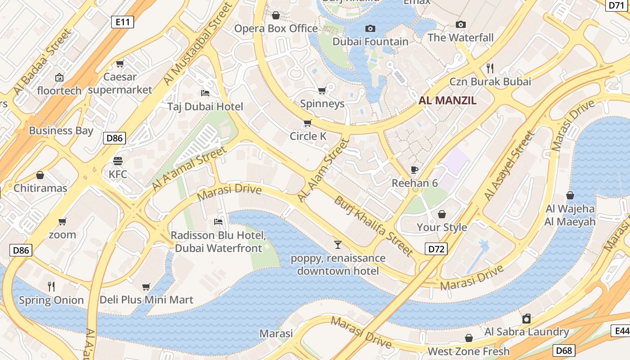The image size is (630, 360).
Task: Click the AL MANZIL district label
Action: pyautogui.click(x=447, y=100)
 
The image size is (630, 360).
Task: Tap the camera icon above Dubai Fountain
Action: pyautogui.click(x=370, y=29)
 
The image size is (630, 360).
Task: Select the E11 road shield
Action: pyautogui.click(x=122, y=21)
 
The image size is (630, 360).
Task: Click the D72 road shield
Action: pyautogui.click(x=436, y=248)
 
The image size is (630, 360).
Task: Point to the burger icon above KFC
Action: pyautogui.click(x=118, y=161)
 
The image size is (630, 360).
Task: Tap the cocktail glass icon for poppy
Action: pyautogui.click(x=337, y=245)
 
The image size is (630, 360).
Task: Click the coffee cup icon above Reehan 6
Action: pyautogui.click(x=414, y=170)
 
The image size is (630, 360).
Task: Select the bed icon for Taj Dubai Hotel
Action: pyautogui.click(x=205, y=93)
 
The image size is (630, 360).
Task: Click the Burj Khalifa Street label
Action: pyautogui.click(x=373, y=226)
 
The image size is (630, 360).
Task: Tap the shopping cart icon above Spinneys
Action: pyautogui.click(x=322, y=90)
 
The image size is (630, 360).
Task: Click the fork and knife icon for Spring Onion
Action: pyautogui.click(x=51, y=286)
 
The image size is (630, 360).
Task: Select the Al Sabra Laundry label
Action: pyautogui.click(x=526, y=332)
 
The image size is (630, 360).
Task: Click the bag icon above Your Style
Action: pyautogui.click(x=442, y=214)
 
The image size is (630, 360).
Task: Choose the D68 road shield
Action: pyautogui.click(x=563, y=350)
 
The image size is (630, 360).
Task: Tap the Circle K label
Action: pyautogui.click(x=308, y=136)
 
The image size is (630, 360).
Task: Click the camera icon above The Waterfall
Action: pyautogui.click(x=460, y=25)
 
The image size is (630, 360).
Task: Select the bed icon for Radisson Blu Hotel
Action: pyautogui.click(x=218, y=222)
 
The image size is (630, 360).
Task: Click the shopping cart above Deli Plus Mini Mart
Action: pyautogui.click(x=146, y=287)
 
